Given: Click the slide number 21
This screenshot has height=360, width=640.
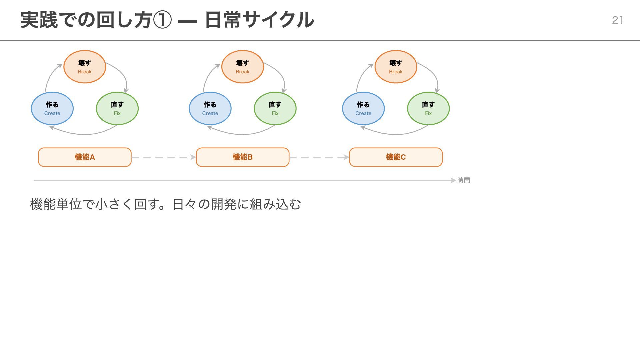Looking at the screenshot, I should point(617,20).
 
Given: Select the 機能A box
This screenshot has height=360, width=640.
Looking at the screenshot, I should point(85,157).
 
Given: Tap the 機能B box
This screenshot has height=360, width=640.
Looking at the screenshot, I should point(242,157).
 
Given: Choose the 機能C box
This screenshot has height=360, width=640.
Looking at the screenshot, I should point(396,157).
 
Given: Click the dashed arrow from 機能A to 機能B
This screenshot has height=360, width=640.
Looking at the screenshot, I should point(163,157).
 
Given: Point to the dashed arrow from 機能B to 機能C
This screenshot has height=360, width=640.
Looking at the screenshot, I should point(319,157).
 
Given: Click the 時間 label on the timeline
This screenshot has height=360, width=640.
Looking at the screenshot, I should point(463,180).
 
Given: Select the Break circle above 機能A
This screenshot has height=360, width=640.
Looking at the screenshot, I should point(85,67).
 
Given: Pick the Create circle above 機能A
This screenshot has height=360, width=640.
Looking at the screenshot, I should point(52,108).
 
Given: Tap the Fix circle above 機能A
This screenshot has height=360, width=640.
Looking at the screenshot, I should point(117,108).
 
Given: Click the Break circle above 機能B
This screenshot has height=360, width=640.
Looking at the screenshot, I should point(242,67).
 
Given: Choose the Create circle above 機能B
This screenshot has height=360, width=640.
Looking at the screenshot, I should point(210,108).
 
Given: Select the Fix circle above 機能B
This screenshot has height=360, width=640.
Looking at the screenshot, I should point(275,108).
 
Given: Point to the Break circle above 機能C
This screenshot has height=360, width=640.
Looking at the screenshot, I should point(396,67).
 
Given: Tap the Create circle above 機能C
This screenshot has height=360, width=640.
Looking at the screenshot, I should point(363,108).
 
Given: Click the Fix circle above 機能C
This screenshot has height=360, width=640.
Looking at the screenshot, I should point(428,108).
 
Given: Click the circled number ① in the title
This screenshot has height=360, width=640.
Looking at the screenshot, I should point(162,20).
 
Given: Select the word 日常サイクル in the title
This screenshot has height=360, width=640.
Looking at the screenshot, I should point(259,20).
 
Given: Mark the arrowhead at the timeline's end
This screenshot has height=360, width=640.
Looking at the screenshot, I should point(453,180).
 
